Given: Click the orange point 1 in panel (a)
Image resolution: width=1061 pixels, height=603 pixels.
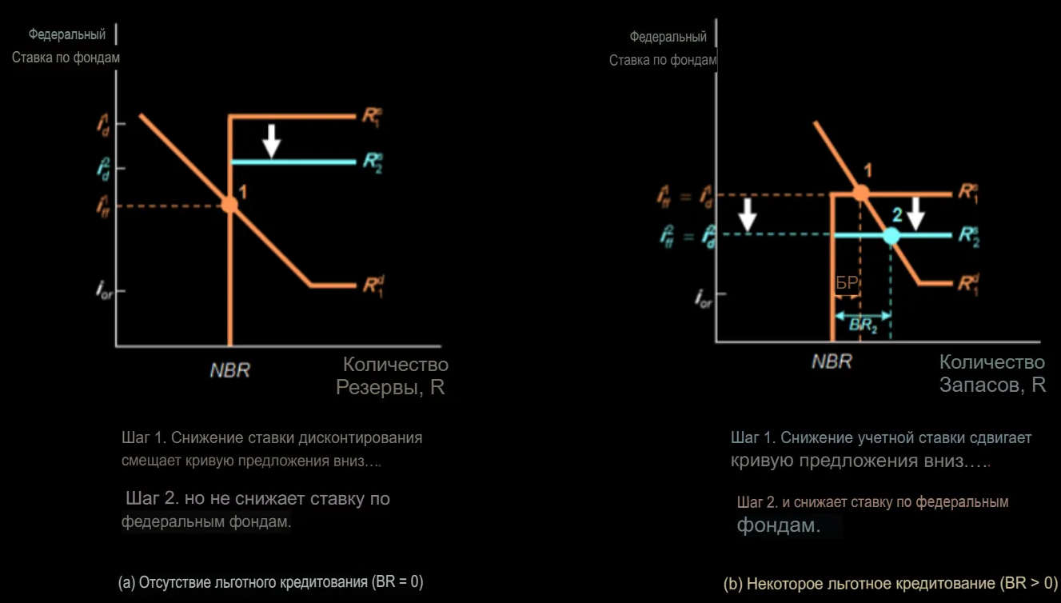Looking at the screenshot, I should tap(229, 204).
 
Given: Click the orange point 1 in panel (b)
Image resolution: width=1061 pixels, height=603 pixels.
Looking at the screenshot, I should tap(860, 192).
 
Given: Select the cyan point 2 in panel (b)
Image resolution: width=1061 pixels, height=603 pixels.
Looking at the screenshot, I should tap(891, 235).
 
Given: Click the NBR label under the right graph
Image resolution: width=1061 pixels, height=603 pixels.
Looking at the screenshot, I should tap(832, 361).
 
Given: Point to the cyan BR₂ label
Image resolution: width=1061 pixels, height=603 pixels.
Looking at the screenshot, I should tap(863, 325).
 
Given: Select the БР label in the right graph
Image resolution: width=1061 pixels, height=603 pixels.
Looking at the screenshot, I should tap(847, 283).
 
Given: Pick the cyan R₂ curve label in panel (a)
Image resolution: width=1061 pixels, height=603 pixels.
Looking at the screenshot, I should tap(372, 160).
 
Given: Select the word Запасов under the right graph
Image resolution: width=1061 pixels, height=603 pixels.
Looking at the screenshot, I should tap(980, 385).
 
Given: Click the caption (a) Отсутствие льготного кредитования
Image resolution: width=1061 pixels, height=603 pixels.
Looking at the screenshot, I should tap(270, 581).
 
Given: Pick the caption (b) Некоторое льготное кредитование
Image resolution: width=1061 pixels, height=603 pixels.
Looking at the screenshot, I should tap(890, 583).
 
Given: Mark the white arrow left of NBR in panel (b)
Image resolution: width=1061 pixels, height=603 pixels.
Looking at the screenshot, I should tap(748, 214).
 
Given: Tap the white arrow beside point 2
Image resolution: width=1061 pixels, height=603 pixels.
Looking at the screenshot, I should tap(916, 213).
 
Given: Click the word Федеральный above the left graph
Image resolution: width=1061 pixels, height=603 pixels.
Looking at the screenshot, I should tap(67, 34).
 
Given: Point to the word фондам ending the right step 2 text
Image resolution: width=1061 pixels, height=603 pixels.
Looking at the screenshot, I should tap(778, 525).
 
